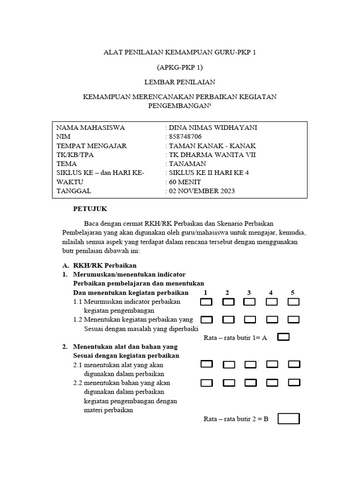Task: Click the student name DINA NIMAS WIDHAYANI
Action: [x=213, y=128]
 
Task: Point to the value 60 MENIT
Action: [x=185, y=182]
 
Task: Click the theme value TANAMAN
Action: [x=187, y=164]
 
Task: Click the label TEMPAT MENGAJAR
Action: [x=91, y=146]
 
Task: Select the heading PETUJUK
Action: [x=90, y=209]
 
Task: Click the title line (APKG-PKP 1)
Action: [x=180, y=67]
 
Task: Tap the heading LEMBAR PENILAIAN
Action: [x=180, y=82]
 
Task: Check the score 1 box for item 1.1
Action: [x=206, y=302]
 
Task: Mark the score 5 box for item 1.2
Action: [x=293, y=320]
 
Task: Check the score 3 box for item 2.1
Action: [x=250, y=364]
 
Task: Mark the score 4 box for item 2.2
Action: [x=272, y=382]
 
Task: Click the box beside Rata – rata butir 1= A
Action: [x=284, y=337]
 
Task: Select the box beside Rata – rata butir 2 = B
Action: [x=288, y=419]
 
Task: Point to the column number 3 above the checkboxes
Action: [x=249, y=292]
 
